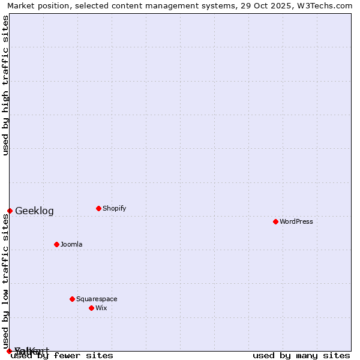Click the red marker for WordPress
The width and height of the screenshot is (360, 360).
[x=275, y=222]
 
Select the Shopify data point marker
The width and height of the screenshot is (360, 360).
[x=98, y=209]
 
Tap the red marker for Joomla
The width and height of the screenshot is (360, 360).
[x=56, y=244]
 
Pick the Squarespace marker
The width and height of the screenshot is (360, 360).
[x=72, y=299]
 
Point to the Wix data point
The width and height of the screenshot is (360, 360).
[x=91, y=308]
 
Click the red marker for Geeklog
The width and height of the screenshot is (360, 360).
[x=10, y=211]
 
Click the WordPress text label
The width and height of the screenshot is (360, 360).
[x=296, y=222]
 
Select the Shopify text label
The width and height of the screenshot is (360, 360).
[x=114, y=209]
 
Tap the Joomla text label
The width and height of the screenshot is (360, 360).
[x=71, y=245]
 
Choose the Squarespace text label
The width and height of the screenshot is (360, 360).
[x=97, y=299]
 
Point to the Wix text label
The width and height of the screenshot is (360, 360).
[x=101, y=308]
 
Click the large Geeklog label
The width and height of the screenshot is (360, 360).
[x=34, y=211]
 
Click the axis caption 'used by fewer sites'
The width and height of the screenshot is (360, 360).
[x=62, y=356]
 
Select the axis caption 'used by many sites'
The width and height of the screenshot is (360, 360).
[x=301, y=356]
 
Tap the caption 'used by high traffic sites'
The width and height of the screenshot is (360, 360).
[x=6, y=85]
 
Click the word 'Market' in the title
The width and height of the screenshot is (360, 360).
[x=21, y=6]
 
